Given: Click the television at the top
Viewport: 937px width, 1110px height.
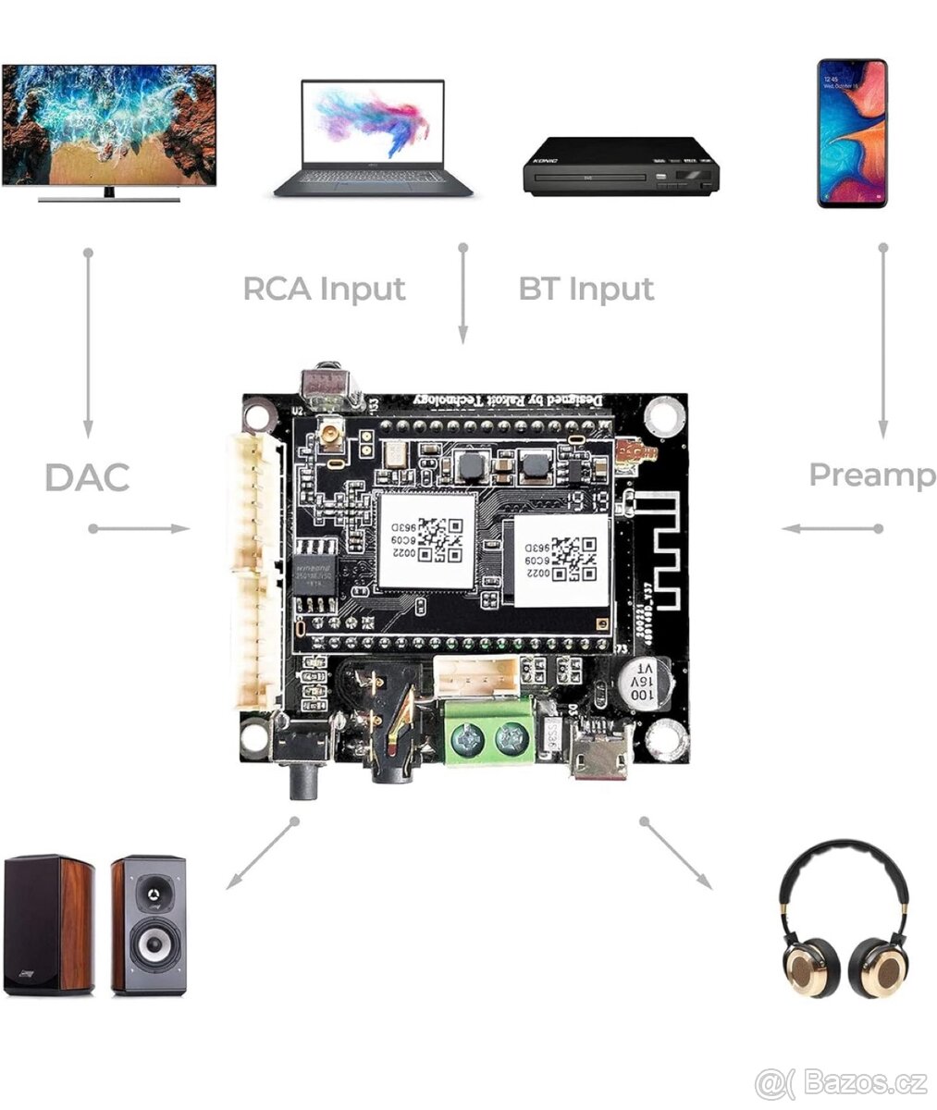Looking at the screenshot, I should (x=109, y=128).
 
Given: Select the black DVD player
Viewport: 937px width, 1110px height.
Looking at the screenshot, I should (x=621, y=166).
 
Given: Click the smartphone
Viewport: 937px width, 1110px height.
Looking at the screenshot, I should (x=852, y=132).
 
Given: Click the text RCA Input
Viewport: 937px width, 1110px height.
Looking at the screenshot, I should (x=324, y=289).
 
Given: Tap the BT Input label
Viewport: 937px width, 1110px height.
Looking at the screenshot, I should (x=586, y=289).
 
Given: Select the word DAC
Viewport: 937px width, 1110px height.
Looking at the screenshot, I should (x=87, y=478).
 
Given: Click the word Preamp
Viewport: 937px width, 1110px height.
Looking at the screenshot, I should (x=871, y=475).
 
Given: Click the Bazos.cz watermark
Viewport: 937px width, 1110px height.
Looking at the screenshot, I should (x=841, y=1080).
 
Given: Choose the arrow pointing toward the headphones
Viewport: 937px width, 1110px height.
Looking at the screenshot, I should (x=677, y=854).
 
